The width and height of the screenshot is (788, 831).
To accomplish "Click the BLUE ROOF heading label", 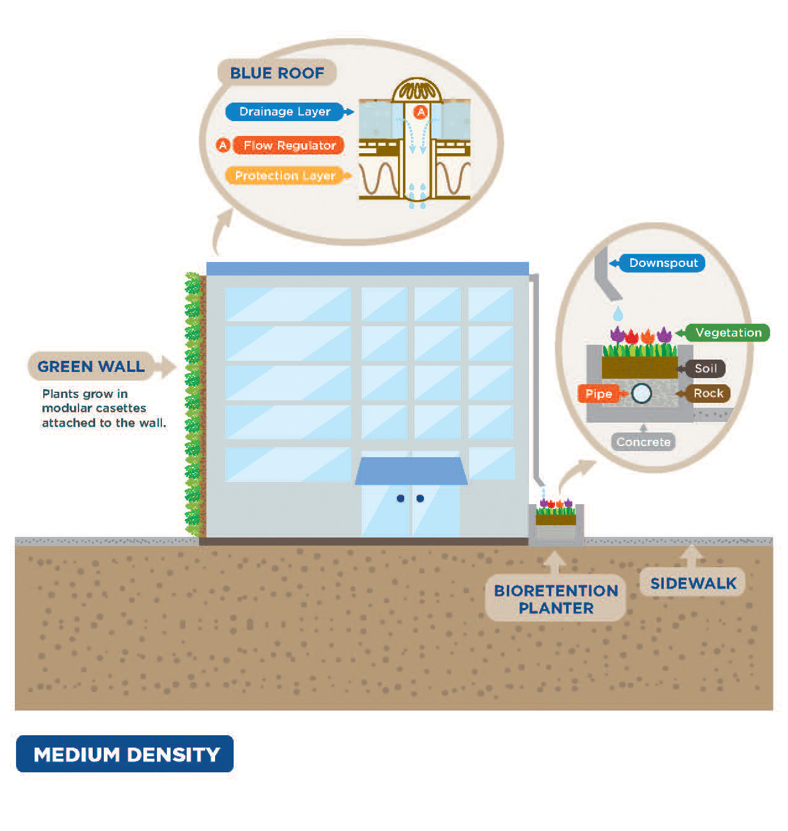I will [x=277, y=73].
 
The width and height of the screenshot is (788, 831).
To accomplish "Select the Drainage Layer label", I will [x=285, y=112].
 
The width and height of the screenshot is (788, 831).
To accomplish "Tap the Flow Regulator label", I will [x=289, y=145].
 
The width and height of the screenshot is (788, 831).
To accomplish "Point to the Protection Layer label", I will [x=285, y=175].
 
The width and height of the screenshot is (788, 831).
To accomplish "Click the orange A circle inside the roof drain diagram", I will [x=421, y=112].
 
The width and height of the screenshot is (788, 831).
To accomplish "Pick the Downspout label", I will [x=663, y=263].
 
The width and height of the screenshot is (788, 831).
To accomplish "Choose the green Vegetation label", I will [x=728, y=332].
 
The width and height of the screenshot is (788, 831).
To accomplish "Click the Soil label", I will [x=705, y=369].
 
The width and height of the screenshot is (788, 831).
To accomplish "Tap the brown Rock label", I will [x=708, y=393].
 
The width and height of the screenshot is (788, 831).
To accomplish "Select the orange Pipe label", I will [x=598, y=394].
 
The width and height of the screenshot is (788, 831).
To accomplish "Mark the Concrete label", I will [x=643, y=442].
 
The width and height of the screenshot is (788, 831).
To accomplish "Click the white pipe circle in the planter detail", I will [x=642, y=393].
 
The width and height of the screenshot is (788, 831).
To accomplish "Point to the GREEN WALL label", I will [x=91, y=366].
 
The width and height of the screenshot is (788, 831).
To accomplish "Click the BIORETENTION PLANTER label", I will [x=556, y=599].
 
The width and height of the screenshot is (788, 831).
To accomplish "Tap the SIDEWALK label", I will [x=693, y=583].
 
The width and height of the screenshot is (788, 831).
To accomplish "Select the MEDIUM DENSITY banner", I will [x=125, y=754].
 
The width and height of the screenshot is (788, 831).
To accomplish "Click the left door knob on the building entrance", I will [x=400, y=498].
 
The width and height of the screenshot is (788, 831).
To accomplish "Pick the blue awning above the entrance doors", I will [x=411, y=471].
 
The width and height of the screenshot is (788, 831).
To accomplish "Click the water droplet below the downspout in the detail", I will [x=618, y=313].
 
